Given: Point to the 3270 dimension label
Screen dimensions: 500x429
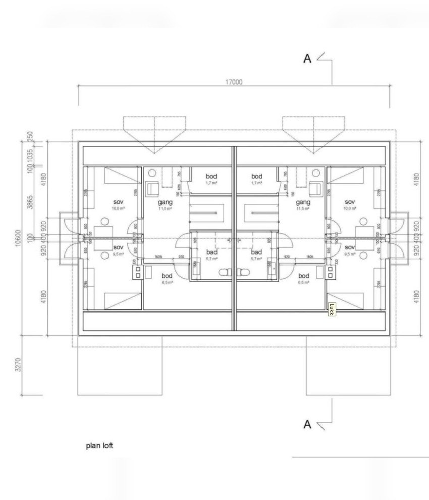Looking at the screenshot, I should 19,365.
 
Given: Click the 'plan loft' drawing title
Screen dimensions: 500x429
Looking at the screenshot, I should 103,446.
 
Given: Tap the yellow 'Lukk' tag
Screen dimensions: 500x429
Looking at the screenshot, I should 331,309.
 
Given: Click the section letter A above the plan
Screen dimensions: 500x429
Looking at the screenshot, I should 307,59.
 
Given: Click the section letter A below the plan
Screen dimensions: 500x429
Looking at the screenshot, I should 307,424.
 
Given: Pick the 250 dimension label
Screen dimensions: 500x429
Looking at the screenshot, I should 30,137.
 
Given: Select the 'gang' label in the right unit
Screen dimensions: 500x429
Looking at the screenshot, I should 303,202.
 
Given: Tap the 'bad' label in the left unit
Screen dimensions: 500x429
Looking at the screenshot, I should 212,252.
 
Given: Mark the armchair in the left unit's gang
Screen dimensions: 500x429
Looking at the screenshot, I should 152,190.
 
